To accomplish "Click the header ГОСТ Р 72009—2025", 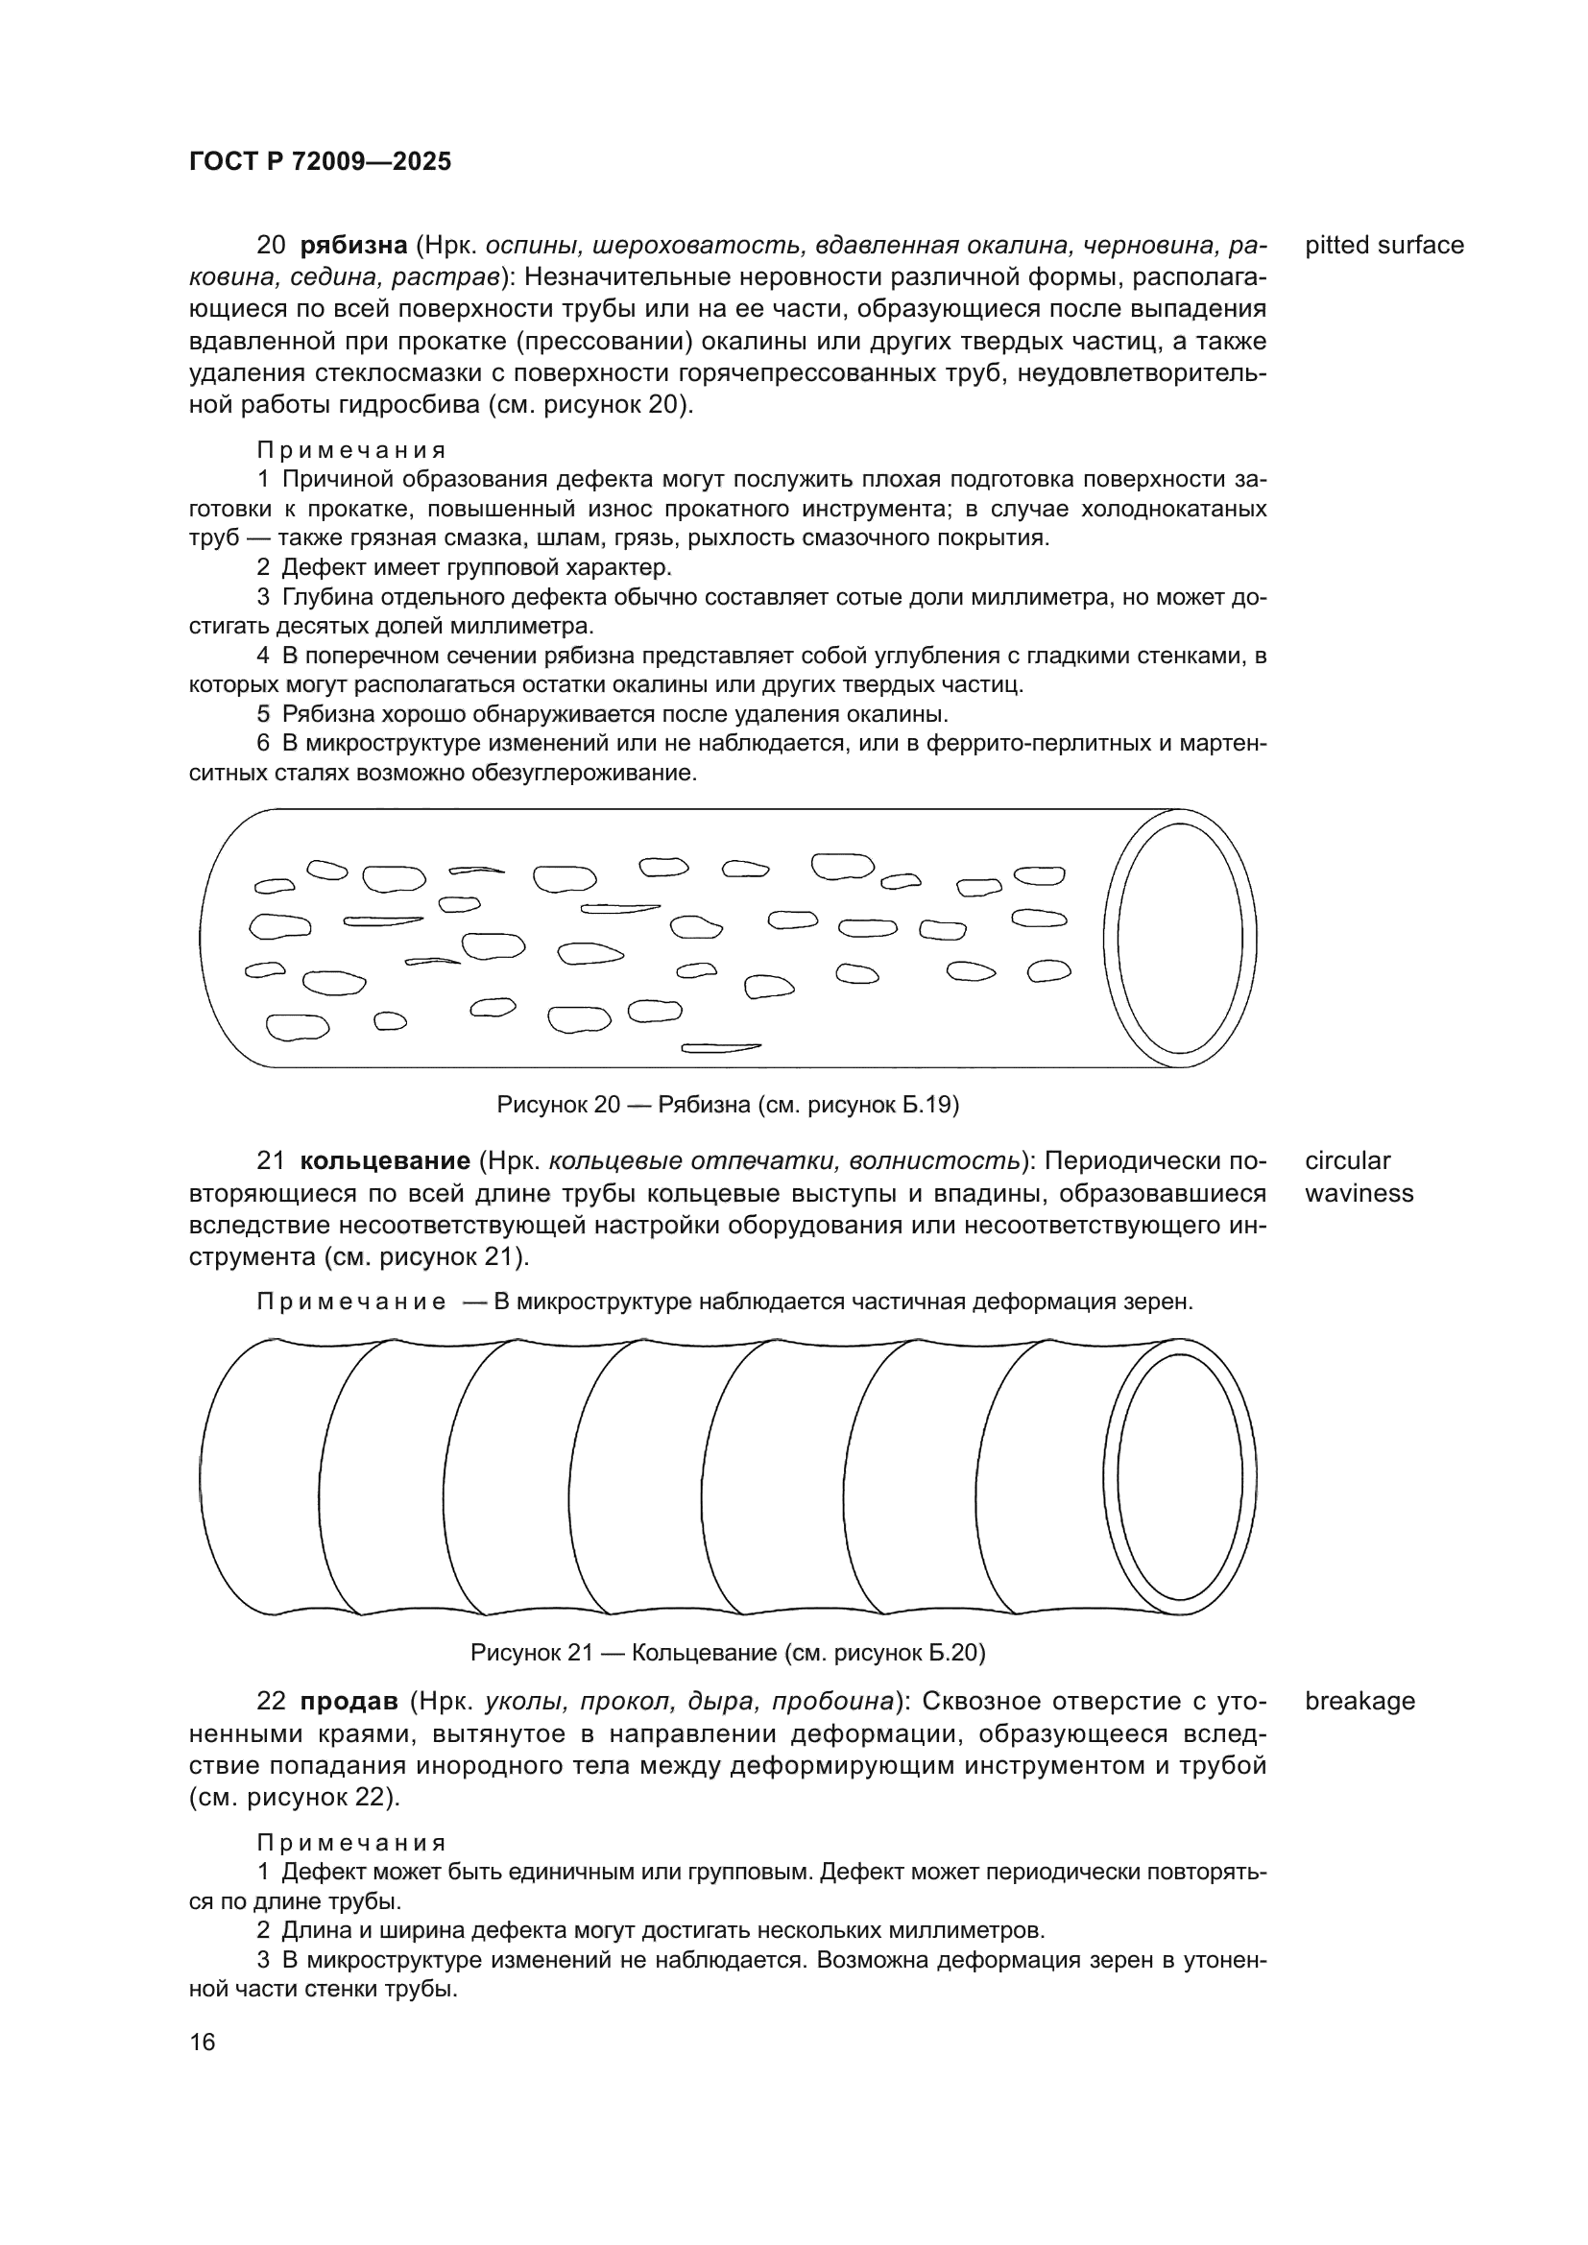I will [x=320, y=162].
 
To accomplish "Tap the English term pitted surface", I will [x=1383, y=246].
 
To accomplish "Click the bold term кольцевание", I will [x=385, y=1160].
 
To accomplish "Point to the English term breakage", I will [x=1359, y=1701].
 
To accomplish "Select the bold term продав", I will [x=349, y=1701].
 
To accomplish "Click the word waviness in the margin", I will [x=1359, y=1193].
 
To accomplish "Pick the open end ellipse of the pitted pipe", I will [x=1179, y=938].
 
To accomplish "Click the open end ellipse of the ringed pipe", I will [x=1179, y=1476].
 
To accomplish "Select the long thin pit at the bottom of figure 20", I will [x=721, y=1048].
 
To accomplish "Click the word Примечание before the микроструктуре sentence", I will [x=351, y=1302].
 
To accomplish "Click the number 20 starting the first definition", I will [x=271, y=246].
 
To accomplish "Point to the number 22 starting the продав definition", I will [x=271, y=1701].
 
